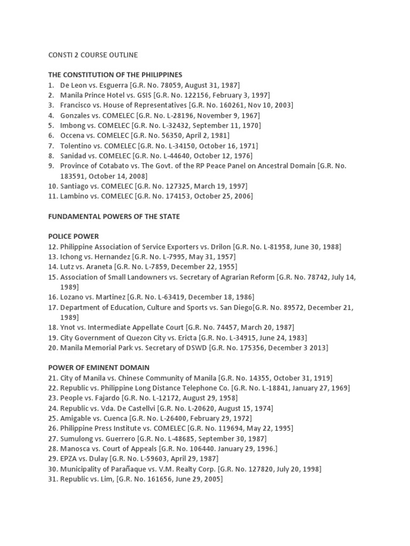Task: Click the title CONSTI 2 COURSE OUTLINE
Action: (x=93, y=55)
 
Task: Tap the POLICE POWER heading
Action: (x=74, y=236)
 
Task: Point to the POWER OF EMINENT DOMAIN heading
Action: (x=99, y=367)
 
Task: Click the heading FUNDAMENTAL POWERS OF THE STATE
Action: (x=114, y=216)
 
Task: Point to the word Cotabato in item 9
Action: (x=111, y=166)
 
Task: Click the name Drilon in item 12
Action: (x=220, y=246)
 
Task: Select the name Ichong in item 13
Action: (x=73, y=256)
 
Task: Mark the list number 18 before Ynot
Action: (x=52, y=327)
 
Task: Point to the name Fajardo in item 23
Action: (x=106, y=398)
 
